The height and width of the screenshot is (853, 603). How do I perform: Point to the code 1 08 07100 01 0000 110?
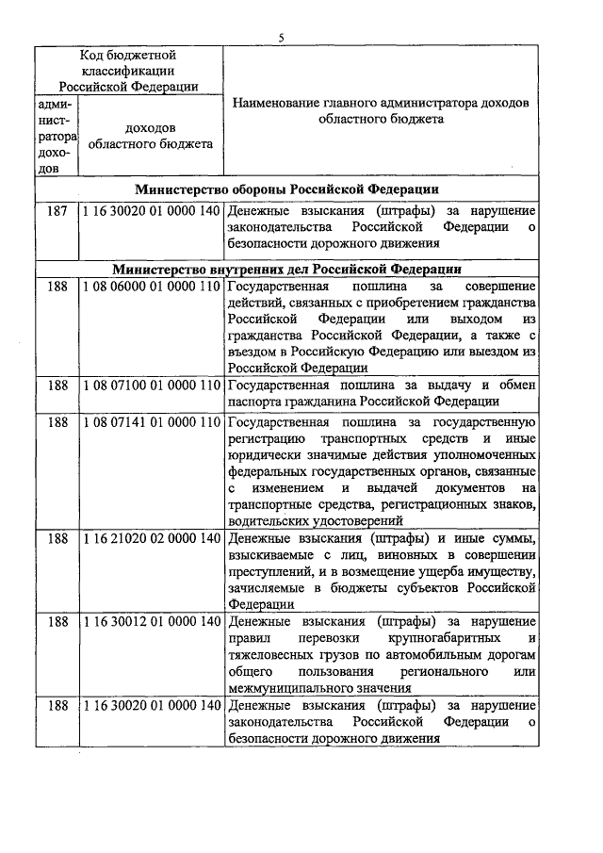click(x=151, y=385)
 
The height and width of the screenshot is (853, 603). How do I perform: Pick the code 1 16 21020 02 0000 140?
click(x=151, y=539)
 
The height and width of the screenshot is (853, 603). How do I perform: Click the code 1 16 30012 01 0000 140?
click(x=151, y=621)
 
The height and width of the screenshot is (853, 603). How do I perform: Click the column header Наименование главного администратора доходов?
click(x=381, y=111)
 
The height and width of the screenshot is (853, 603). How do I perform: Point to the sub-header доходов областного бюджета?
click(x=151, y=136)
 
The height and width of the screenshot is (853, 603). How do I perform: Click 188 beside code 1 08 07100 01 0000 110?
click(x=57, y=385)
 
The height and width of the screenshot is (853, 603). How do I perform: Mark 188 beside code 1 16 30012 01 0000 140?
click(x=57, y=621)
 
